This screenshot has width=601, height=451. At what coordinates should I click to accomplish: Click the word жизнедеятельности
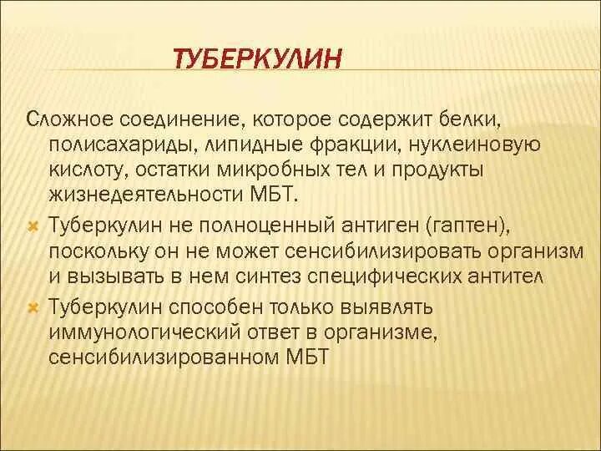coord(134,193)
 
